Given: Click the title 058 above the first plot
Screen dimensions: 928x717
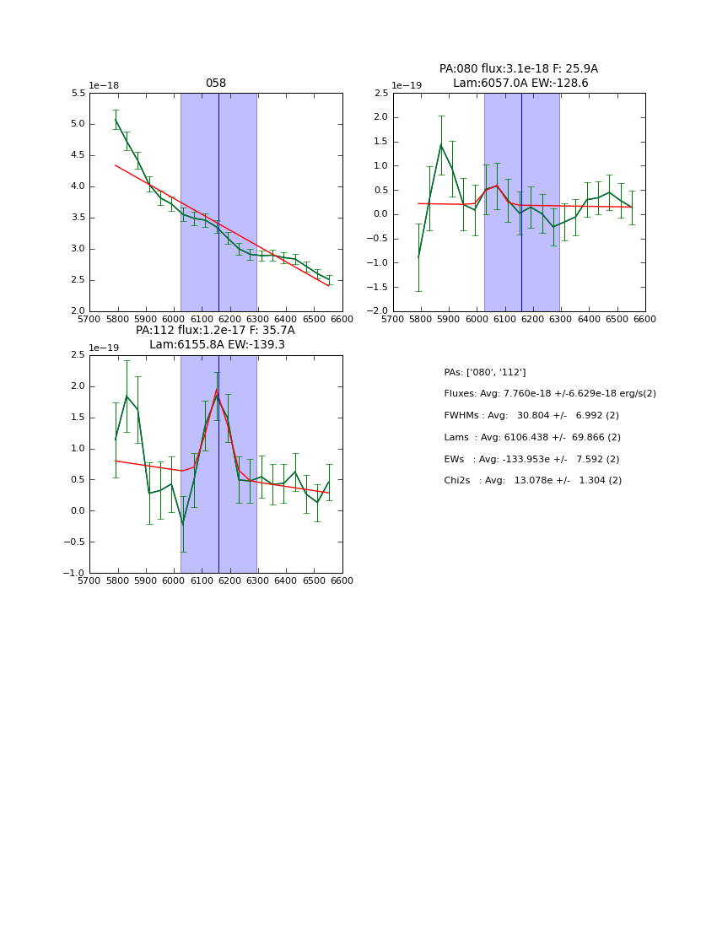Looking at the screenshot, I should tap(216, 84).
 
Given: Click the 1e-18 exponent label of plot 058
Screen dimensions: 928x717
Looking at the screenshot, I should tap(103, 86).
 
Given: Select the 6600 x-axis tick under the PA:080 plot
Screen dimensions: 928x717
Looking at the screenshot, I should tap(644, 319).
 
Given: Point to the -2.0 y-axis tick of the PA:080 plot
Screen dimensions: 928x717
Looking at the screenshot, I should tap(378, 311).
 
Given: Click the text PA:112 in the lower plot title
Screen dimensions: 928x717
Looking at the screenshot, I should tap(154, 331).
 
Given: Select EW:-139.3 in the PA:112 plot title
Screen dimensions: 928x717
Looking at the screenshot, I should tap(256, 345).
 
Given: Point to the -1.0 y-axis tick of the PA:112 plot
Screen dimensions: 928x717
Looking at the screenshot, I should tap(74, 574).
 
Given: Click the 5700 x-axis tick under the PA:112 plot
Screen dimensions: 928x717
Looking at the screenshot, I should tap(89, 580).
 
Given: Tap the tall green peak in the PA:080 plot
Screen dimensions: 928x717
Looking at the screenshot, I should tap(440, 145).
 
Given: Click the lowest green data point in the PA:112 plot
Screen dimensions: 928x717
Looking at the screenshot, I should tap(182, 524).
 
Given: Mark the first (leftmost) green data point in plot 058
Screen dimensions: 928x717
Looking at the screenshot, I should tap(116, 120).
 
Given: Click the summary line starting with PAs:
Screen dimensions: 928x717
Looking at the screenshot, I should tap(485, 372).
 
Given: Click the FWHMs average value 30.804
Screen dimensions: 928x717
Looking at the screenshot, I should tap(533, 416).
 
